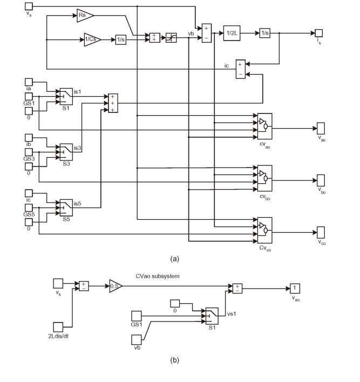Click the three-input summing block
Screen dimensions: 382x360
point(113,103)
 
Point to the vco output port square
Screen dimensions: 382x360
point(321,233)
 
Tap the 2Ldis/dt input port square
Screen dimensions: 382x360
point(58,326)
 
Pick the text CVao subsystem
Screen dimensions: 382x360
point(158,276)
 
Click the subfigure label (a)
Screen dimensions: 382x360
point(174,259)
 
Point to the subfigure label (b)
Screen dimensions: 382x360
point(174,359)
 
